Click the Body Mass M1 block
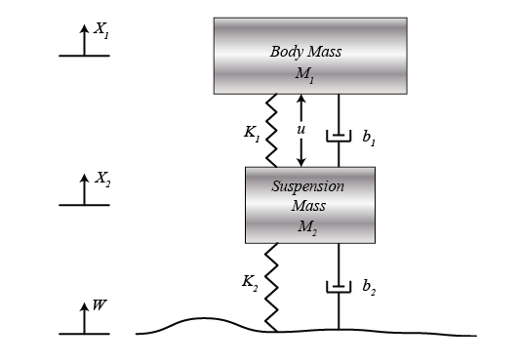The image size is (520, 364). (309, 56)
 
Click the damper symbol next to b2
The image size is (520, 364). (339, 288)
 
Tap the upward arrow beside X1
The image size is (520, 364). (83, 41)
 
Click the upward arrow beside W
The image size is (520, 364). (83, 319)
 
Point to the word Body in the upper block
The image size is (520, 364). (286, 51)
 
